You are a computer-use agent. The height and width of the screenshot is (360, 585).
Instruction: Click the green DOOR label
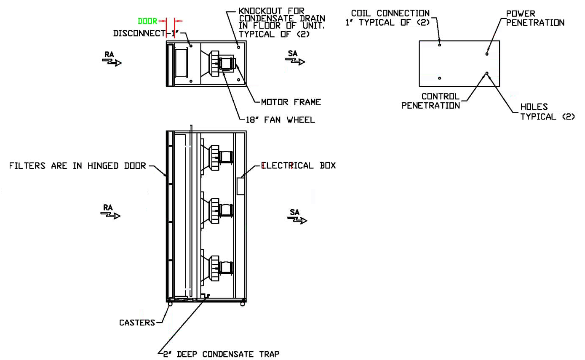(147, 21)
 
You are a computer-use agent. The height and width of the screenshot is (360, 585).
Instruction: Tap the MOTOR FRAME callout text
(291, 102)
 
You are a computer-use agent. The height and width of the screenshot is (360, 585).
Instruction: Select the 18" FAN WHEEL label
(280, 120)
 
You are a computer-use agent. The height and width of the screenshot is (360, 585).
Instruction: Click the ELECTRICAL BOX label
(299, 165)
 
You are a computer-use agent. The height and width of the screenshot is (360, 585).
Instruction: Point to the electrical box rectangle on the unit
(240, 186)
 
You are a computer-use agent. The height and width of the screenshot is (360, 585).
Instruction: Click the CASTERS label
(137, 323)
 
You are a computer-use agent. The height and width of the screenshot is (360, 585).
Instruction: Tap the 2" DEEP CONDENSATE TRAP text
(221, 354)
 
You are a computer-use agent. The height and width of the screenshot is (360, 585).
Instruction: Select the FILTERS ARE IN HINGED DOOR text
(77, 166)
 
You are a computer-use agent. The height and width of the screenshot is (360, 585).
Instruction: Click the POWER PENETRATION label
(535, 18)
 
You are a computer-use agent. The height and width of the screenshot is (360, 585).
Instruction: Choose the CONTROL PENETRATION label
(431, 101)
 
